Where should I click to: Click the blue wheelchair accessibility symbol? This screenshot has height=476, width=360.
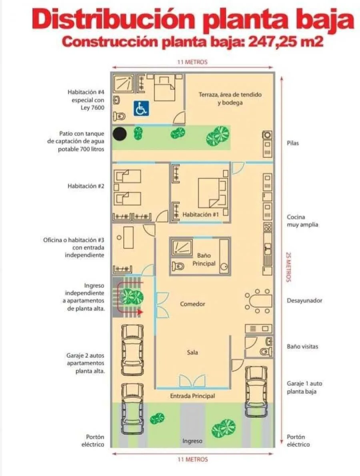141,108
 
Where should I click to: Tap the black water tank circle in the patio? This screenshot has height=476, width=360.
120,134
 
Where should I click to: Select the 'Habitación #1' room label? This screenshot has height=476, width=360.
200,214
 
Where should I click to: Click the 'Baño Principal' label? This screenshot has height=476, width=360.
204,259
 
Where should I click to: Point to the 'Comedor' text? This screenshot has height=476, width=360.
193,304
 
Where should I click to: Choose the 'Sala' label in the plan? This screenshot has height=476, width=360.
193,353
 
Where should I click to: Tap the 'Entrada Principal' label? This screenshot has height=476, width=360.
193,396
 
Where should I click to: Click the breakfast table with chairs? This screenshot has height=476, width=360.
258,301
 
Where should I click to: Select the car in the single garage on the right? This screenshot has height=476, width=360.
256,391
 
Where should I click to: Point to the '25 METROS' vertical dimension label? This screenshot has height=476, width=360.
288,267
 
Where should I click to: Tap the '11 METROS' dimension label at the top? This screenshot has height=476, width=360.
192,62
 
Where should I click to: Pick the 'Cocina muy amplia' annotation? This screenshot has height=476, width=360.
302,221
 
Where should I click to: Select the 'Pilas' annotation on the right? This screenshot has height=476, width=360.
293,143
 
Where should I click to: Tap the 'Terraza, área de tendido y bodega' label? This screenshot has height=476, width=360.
230,98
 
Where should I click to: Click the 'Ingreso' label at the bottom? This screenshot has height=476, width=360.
192,441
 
